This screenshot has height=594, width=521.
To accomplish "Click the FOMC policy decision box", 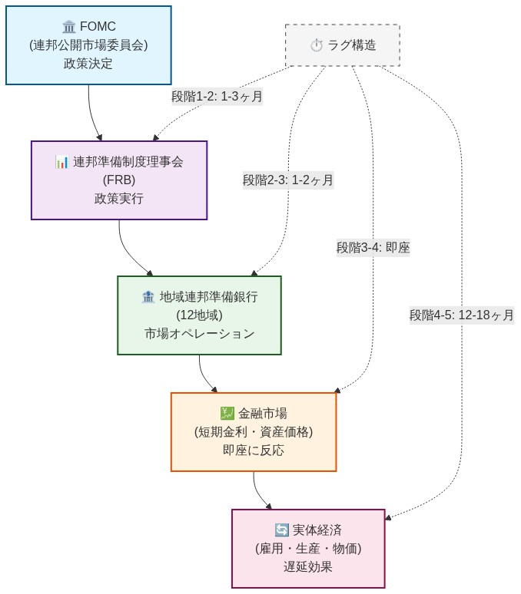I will point(88,45).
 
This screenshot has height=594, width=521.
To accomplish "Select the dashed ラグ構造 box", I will point(343,45).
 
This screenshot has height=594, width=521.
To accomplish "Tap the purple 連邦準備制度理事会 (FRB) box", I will point(119,180).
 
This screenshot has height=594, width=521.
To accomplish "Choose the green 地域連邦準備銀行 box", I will point(199,315).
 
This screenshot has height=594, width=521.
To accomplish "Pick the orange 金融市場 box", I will point(254,431).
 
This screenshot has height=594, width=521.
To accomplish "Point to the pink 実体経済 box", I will point(308,548).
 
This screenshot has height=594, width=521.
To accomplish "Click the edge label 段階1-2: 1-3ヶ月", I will point(217,97).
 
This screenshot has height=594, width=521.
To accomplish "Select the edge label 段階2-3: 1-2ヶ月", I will point(288,180).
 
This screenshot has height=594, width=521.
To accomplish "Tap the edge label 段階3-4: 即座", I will point(373,247).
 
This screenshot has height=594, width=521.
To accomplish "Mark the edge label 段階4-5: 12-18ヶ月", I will point(461,315).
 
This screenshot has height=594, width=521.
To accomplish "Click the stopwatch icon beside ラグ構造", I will point(317,45).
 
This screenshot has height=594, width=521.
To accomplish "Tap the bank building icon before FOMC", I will point(69,27).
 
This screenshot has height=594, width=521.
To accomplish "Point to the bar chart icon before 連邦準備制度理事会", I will point(62,162).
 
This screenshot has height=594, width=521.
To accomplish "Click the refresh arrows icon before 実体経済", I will point(281,530).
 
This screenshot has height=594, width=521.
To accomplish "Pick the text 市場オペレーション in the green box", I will point(199,333).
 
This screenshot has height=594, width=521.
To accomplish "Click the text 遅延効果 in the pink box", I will point(308,566).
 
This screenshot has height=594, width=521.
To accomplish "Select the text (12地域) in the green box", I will point(199,315).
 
